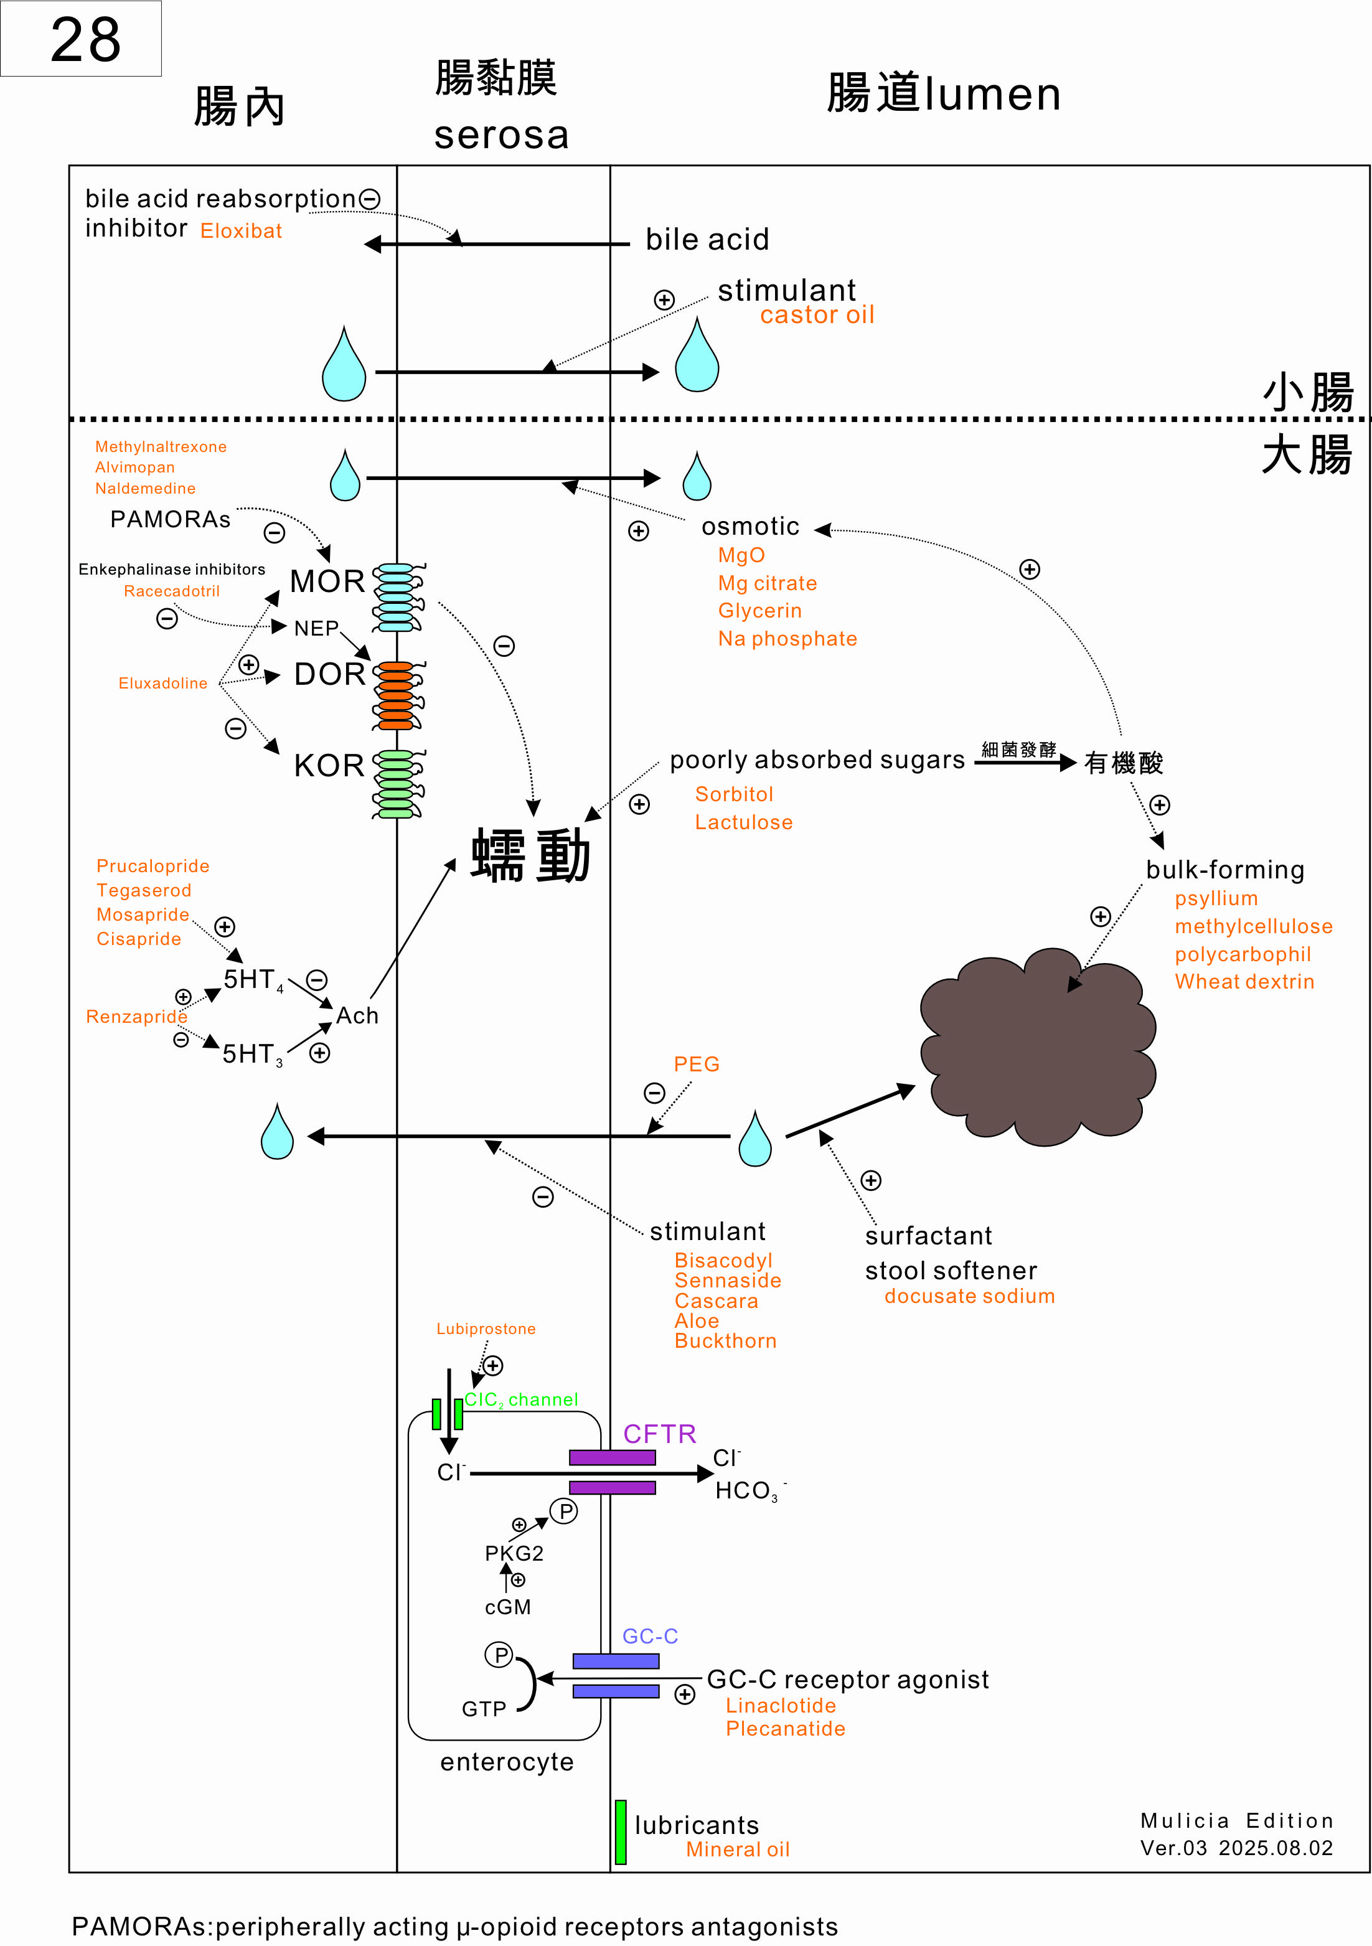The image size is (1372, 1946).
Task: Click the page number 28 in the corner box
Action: (85, 40)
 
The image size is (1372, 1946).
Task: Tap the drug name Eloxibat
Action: (241, 230)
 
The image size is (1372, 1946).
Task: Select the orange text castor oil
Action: (816, 315)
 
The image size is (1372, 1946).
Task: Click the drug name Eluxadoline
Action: (162, 683)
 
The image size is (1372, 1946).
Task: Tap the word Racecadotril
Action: (171, 591)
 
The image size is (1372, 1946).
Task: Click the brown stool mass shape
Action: (1038, 1046)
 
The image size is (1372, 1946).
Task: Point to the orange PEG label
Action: (696, 1064)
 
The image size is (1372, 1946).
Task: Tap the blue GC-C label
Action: (650, 1636)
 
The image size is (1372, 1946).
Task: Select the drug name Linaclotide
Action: (781, 1705)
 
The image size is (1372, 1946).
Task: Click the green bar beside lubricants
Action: (620, 1831)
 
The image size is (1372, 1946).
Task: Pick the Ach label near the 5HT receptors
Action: (357, 1015)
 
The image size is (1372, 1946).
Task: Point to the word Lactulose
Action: (743, 822)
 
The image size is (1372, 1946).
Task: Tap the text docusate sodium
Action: (969, 1296)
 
